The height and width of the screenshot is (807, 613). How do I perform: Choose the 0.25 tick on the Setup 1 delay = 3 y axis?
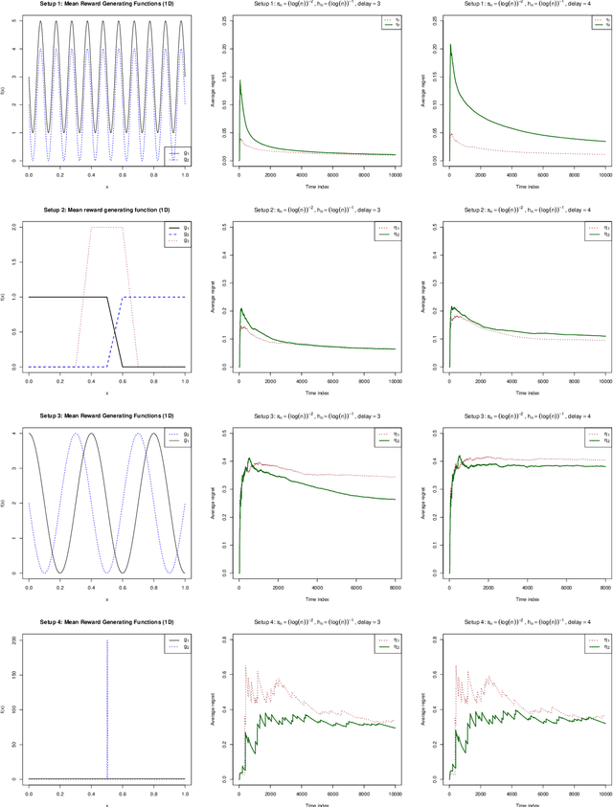point(224,18)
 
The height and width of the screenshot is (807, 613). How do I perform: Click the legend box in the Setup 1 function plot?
point(174,153)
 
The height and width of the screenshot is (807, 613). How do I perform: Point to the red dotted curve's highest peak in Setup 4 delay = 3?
point(247,639)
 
